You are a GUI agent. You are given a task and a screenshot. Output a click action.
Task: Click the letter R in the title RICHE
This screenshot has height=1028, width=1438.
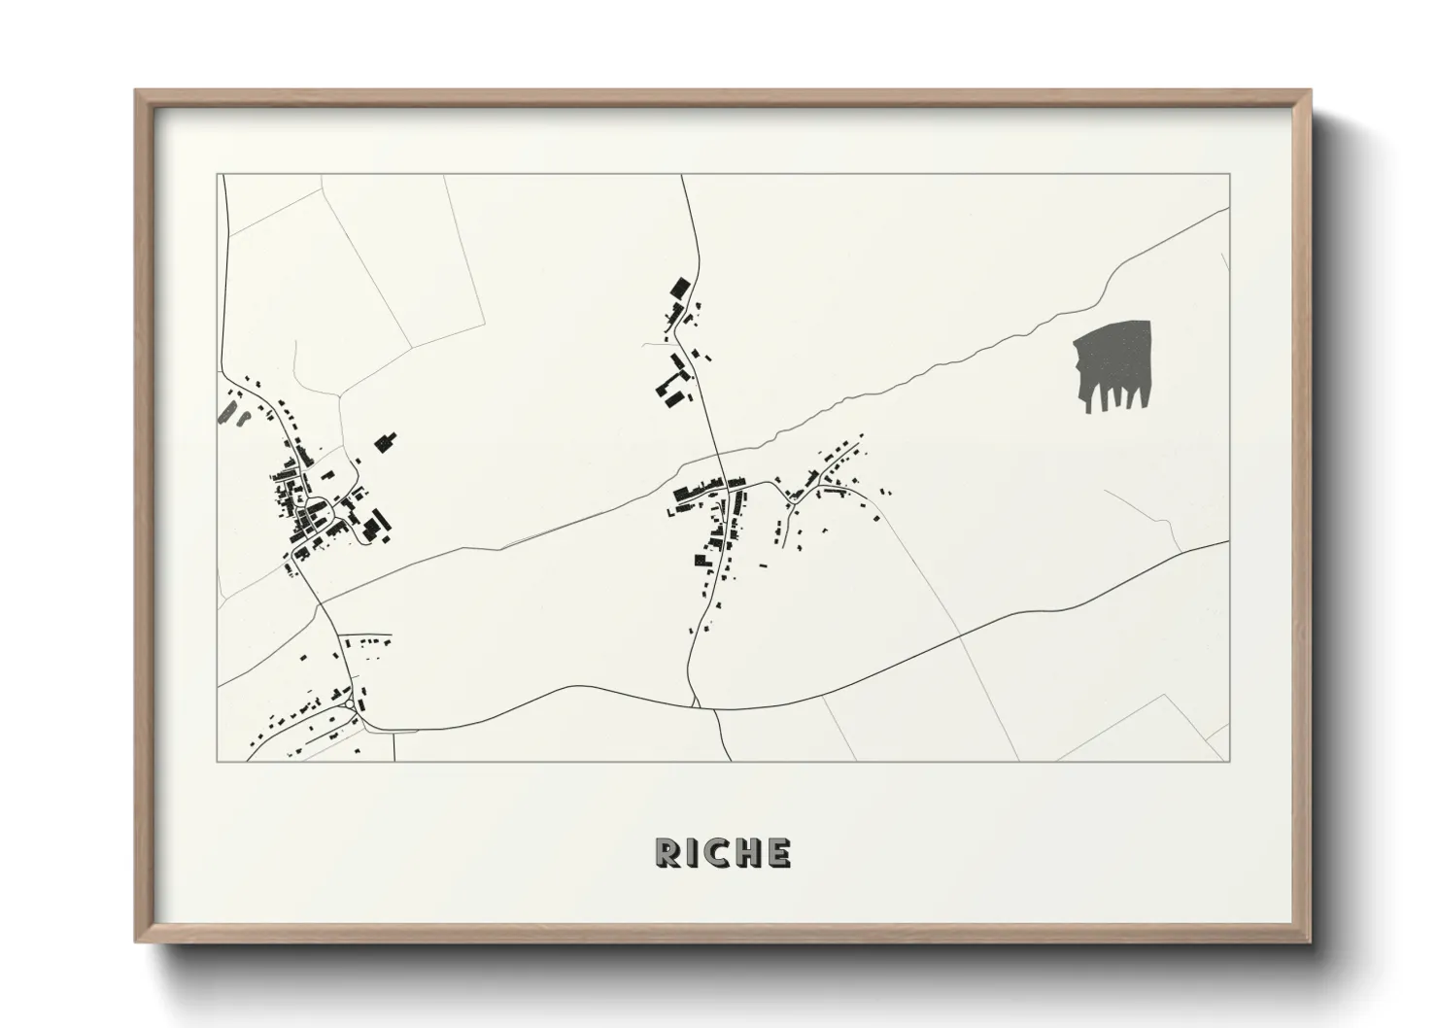tap(669, 852)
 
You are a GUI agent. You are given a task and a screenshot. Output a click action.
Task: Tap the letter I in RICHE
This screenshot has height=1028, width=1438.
tap(696, 852)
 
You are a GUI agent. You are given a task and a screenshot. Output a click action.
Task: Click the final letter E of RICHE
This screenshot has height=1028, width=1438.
tap(777, 852)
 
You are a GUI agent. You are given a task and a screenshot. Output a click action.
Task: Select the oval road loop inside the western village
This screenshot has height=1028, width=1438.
tap(315, 507)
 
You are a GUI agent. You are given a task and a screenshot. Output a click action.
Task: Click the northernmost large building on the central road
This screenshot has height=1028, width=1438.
tap(677, 288)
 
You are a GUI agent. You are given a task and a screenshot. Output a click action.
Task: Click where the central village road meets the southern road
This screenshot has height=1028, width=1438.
tap(695, 702)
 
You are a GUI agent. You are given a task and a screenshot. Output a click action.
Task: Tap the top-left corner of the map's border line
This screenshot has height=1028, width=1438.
tap(218, 175)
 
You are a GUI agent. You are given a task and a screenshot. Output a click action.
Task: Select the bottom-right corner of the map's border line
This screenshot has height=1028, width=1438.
tap(1230, 761)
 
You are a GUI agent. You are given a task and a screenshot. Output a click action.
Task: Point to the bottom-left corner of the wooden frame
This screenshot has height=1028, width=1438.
tap(135, 942)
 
